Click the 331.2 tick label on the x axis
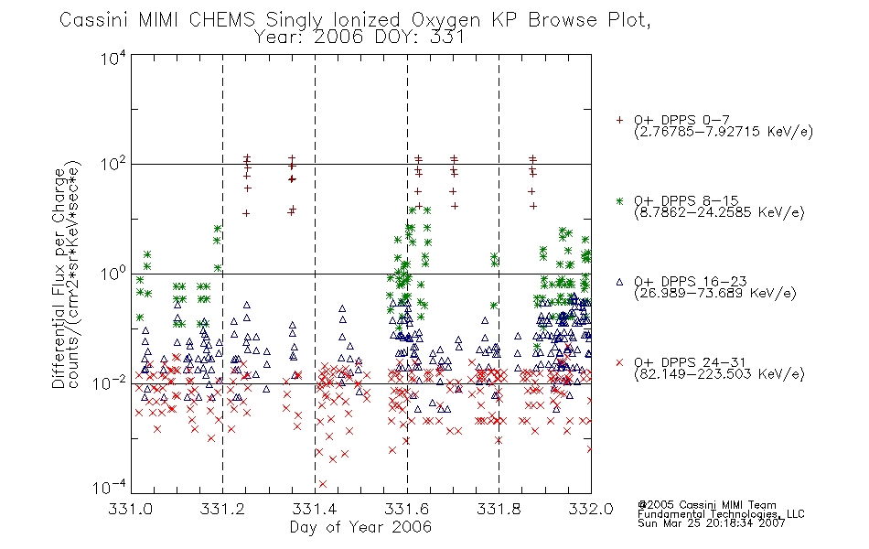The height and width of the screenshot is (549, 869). tap(222, 509)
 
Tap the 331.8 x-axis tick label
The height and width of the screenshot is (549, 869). tap(499, 509)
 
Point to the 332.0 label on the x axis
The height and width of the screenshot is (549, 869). tap(591, 509)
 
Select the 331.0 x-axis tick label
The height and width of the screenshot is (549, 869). tap(130, 509)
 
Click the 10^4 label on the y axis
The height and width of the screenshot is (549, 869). tap(113, 58)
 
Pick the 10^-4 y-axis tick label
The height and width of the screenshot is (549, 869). tap(110, 487)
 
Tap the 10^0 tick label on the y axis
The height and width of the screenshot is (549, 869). tap(113, 273)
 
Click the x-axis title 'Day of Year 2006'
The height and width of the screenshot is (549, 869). tap(360, 527)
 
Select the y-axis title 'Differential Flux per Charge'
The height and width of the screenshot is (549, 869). tap(59, 279)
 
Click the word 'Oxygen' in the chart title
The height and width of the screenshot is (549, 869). tap(445, 20)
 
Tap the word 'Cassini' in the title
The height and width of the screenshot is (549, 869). tap(93, 20)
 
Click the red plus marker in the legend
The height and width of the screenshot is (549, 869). tap(619, 120)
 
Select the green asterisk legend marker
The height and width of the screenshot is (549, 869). tap(619, 200)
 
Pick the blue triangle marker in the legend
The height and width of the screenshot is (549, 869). tap(619, 282)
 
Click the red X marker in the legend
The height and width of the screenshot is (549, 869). tap(619, 362)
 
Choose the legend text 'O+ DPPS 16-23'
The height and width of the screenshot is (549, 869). tap(691, 281)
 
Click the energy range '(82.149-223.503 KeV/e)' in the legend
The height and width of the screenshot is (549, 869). tap(719, 373)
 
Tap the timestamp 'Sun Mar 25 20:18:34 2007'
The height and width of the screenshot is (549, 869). tap(712, 522)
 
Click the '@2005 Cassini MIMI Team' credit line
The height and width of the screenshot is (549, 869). tap(707, 505)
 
